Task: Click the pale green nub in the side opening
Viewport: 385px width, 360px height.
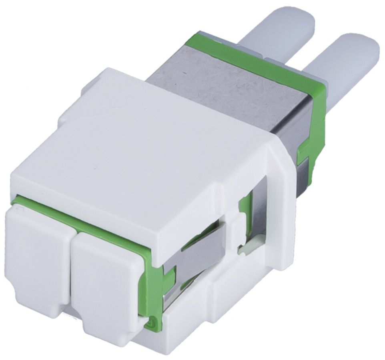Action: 245,250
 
